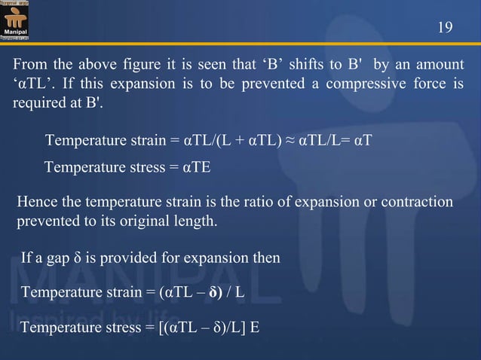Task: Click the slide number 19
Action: (445, 28)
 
